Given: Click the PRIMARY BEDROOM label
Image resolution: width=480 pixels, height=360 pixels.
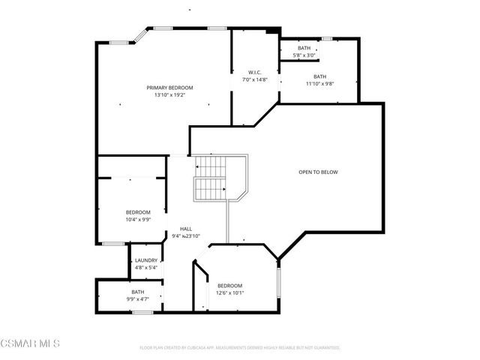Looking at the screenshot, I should pos(169,88).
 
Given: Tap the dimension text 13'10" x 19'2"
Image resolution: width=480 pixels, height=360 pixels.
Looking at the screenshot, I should pos(169,95).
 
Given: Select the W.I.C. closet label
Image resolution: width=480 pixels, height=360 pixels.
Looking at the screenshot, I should pos(254,73).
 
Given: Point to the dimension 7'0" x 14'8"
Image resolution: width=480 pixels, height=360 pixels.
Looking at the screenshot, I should pos(254,79).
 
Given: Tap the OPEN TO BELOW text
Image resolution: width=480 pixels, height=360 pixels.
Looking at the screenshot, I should pos(318,172).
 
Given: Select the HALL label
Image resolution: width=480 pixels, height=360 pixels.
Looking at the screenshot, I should pos(185,229).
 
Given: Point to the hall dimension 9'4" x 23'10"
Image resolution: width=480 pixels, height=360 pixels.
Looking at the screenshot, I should pos(187,236).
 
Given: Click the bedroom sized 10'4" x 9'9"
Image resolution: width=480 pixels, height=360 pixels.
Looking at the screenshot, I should pos(138,216).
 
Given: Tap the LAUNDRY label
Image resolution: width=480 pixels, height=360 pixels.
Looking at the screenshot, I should pos(145,260).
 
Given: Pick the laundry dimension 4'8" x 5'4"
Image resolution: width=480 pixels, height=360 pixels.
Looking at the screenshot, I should pos(145,267).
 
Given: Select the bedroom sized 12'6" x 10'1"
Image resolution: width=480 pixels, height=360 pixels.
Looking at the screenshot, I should pos(229,289).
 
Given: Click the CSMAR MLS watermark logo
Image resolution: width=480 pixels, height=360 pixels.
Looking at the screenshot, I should pos(30,343).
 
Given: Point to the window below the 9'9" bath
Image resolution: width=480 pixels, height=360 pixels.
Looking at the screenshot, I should pos(142,311).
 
